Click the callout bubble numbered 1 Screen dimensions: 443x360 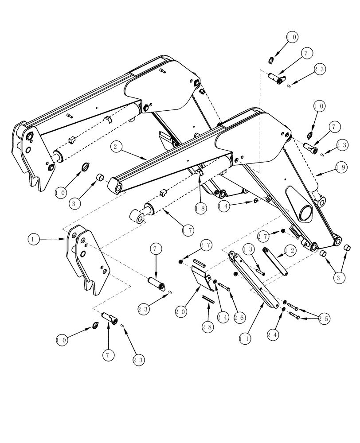(x=34, y=239)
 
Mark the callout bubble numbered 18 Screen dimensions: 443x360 (x=200, y=207)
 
